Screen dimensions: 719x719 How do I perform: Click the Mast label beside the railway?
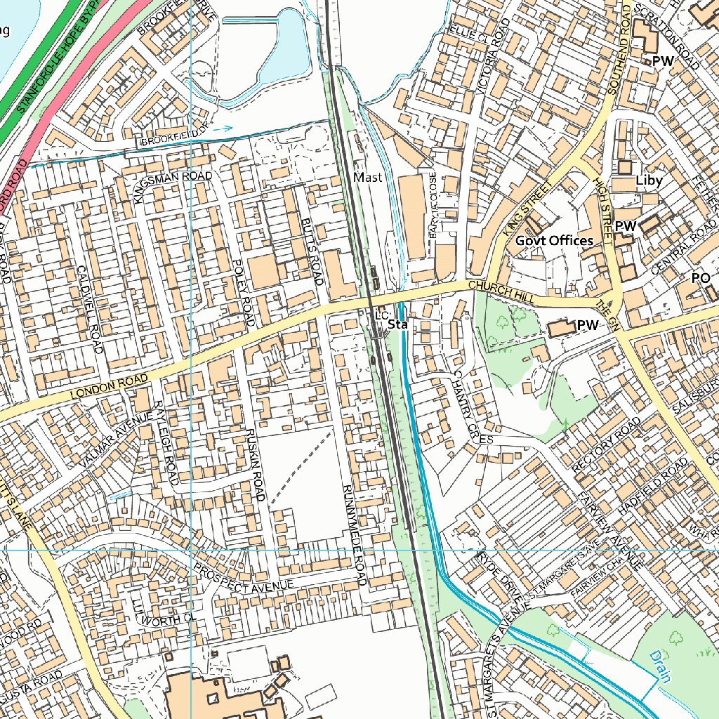pos(368,178)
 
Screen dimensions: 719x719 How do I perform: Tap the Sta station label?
pos(398,325)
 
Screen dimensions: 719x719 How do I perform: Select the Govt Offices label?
pos(554,241)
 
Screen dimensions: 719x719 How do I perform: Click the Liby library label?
pos(649,180)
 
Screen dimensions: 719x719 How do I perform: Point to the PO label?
pos(701,278)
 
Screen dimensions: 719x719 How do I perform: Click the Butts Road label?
pos(312,251)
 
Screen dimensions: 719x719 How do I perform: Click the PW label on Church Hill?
pos(587,326)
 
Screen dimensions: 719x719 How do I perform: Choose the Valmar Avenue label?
pos(116,440)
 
